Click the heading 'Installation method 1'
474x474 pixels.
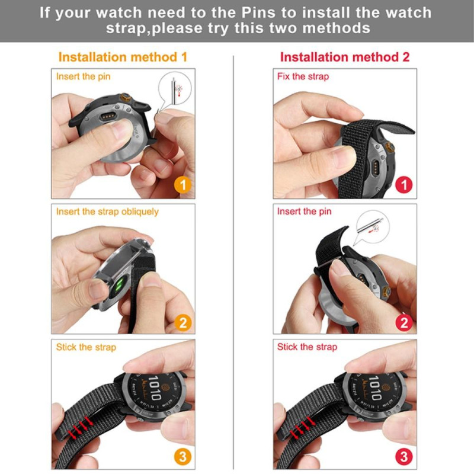(x=123, y=57)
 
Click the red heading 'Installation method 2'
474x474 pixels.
(x=344, y=57)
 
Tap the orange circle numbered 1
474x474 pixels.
(x=183, y=185)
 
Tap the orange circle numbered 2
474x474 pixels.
(x=183, y=322)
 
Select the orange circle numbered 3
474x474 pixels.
(x=183, y=456)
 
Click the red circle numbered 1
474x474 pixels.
(x=404, y=185)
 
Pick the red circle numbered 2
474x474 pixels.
(x=404, y=322)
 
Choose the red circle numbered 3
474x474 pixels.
(x=404, y=456)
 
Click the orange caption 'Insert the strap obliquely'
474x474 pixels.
(x=107, y=212)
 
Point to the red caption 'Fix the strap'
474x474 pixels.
(x=303, y=76)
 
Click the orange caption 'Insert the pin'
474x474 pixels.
(x=83, y=76)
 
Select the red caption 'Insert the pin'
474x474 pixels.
(x=305, y=212)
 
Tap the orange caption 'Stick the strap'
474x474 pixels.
(x=86, y=347)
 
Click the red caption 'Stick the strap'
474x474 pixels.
(x=307, y=347)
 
